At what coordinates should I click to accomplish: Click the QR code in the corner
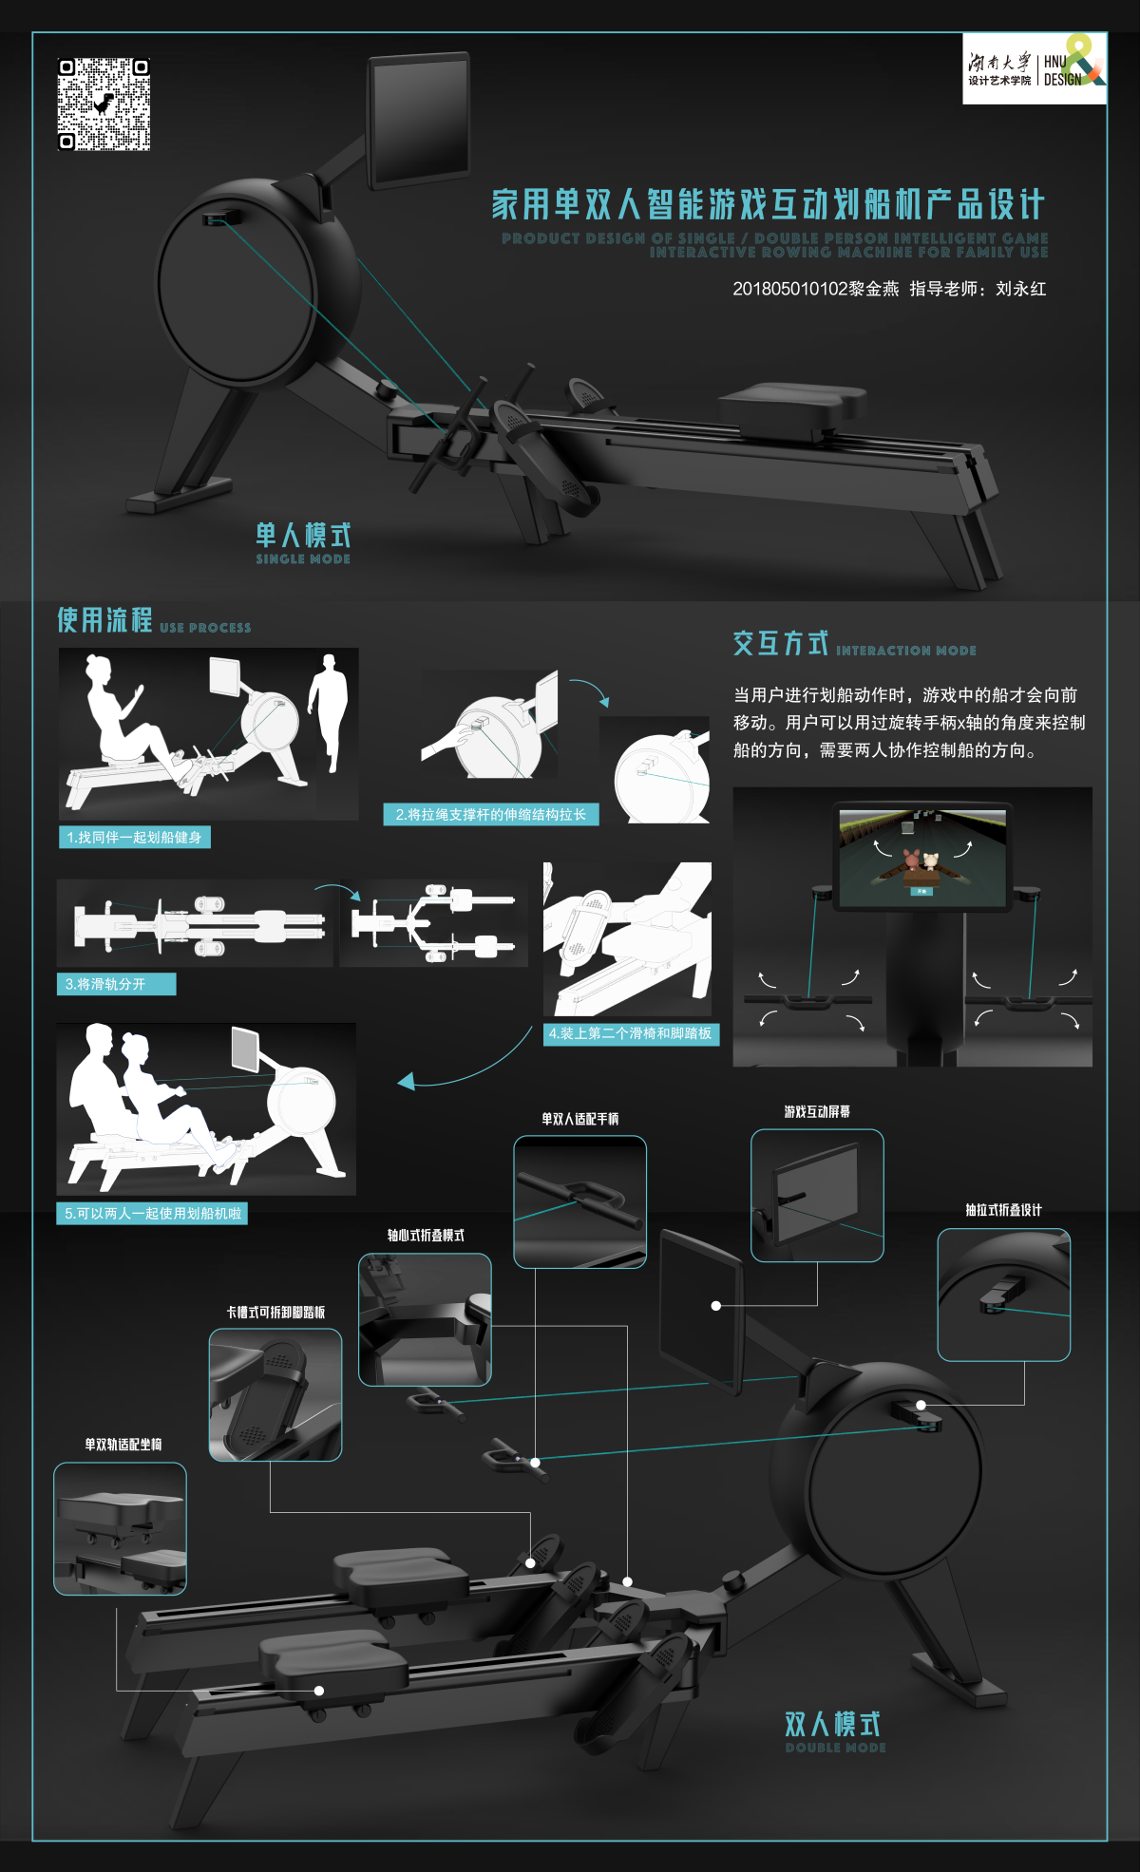click(104, 104)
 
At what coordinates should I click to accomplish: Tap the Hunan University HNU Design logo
click(1035, 68)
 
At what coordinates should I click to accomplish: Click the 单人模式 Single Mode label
click(303, 542)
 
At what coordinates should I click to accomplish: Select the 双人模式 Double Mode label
click(833, 1730)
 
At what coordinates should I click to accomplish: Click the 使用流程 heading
click(104, 620)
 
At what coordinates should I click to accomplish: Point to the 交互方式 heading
click(780, 644)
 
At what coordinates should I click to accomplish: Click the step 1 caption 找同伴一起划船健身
click(134, 837)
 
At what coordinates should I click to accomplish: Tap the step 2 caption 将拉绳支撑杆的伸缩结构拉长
click(490, 814)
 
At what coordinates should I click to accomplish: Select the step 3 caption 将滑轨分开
click(116, 984)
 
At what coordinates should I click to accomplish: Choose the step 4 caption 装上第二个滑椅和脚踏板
click(631, 1033)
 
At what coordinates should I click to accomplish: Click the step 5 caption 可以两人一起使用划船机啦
click(152, 1213)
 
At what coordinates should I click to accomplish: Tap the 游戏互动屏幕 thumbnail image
click(817, 1195)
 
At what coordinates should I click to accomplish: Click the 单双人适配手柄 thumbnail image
click(579, 1201)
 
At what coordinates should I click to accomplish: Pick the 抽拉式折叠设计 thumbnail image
click(1003, 1295)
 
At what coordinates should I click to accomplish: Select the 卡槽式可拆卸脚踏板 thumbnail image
click(275, 1394)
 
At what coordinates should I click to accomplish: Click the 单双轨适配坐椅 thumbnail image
click(120, 1528)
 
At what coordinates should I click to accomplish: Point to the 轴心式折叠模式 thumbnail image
click(425, 1319)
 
